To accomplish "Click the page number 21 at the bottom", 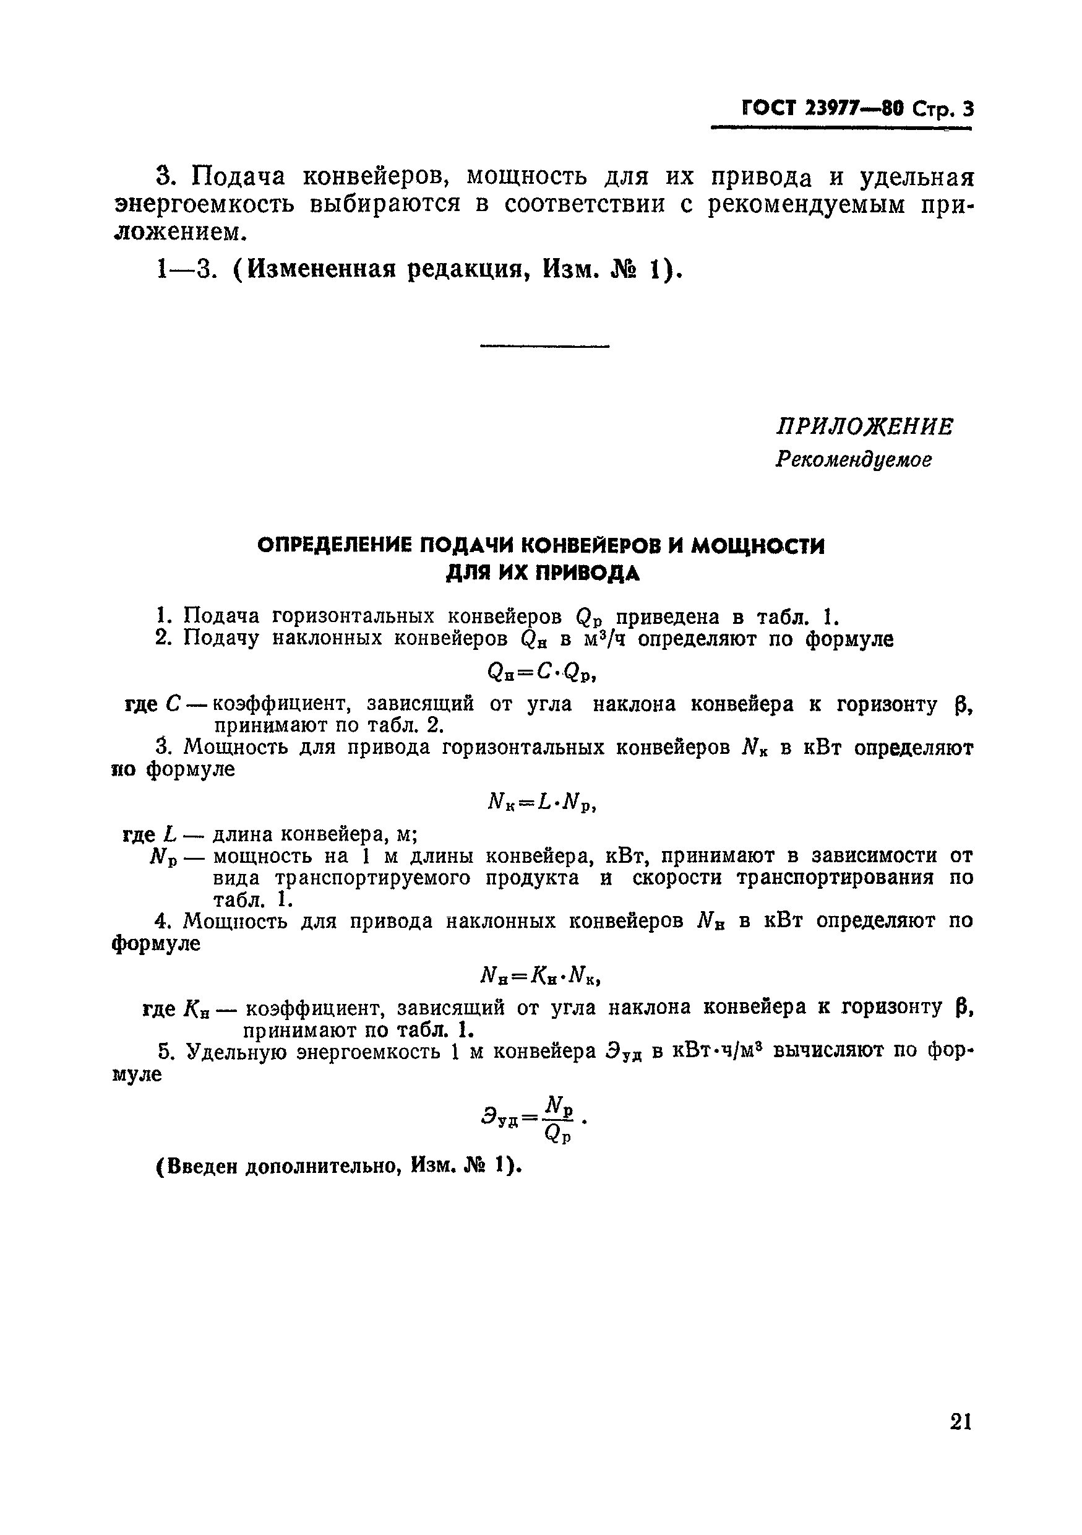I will point(960,1440).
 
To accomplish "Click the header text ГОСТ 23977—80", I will point(823,108).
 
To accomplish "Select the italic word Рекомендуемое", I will point(854,460).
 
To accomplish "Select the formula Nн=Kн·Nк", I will point(541,977).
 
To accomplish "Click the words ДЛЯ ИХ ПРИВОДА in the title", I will point(542,574).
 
